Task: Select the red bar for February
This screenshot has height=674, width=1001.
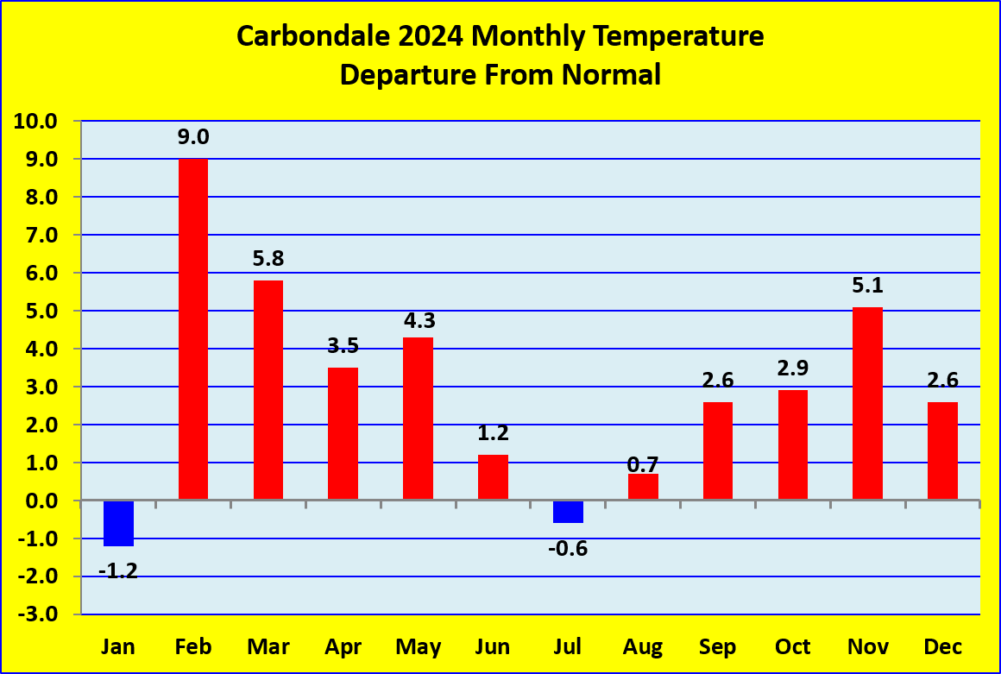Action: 192,329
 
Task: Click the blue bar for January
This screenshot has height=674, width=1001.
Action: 119,523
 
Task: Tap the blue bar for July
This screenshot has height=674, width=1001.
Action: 568,512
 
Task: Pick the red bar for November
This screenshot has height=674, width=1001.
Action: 867,403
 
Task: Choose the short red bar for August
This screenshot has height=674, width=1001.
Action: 643,487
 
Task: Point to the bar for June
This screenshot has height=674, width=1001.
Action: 493,476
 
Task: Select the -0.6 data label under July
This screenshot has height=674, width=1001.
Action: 568,548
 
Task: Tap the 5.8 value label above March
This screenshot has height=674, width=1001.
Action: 268,259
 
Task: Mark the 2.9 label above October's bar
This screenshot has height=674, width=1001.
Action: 793,368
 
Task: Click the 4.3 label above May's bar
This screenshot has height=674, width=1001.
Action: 419,320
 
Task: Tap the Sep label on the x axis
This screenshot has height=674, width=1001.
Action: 718,647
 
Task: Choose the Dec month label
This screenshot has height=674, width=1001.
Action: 943,646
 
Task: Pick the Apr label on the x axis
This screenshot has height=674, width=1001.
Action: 343,647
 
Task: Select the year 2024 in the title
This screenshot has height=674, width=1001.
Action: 431,35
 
